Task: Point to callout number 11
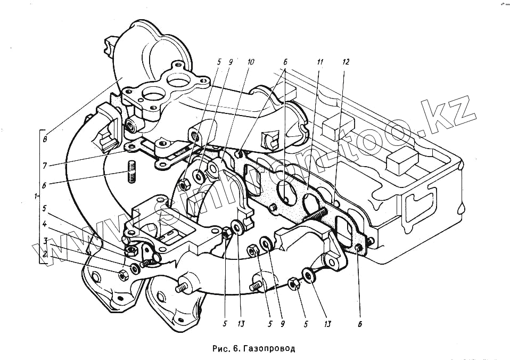click(319, 62)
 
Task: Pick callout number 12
click(346, 62)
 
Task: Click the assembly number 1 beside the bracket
click(36, 197)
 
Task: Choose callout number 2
click(46, 255)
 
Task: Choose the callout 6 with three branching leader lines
click(285, 62)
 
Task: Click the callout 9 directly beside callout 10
click(230, 62)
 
